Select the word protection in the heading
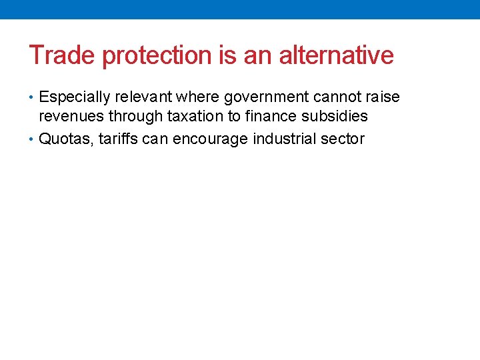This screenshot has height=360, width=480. [158, 55]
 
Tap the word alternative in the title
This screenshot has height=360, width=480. [336, 55]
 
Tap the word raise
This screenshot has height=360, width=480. [383, 97]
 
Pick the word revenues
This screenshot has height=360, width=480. [71, 117]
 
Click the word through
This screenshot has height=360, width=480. [135, 117]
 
